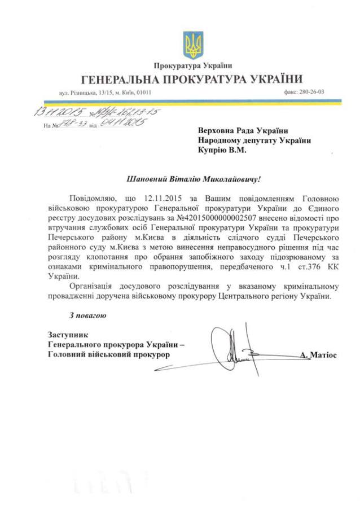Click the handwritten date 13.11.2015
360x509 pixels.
pyautogui.click(x=54, y=112)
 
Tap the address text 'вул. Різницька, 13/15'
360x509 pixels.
pyautogui.click(x=82, y=92)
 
